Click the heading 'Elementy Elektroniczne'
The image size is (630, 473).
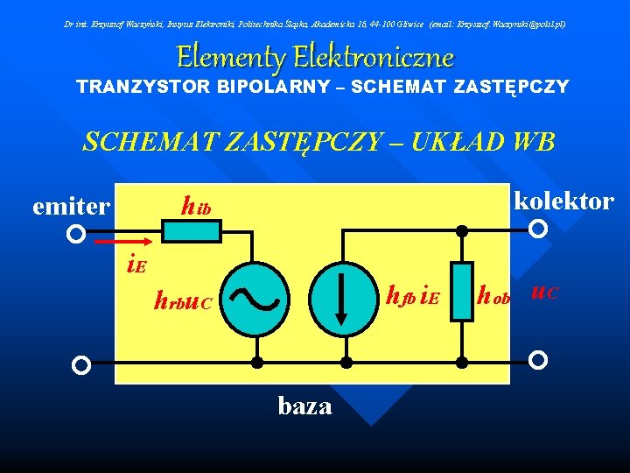tap(315, 57)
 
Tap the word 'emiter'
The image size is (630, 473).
tap(71, 207)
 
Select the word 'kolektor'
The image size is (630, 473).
tap(564, 201)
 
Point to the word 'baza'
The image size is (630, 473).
tap(304, 406)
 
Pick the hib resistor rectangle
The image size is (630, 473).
tap(192, 231)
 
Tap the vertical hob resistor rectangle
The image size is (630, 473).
tap(462, 291)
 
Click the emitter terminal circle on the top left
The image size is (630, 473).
tap(77, 235)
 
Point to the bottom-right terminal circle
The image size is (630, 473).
tap(539, 360)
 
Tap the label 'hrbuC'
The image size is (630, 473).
tap(183, 302)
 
